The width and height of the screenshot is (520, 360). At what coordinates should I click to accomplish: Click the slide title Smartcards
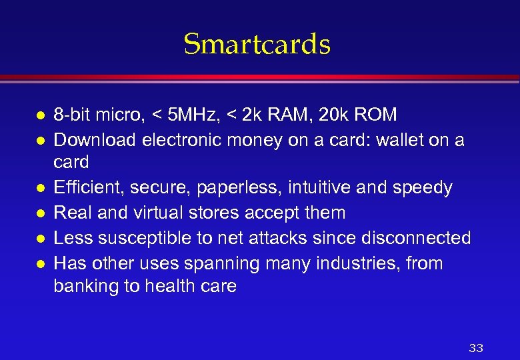[257, 45]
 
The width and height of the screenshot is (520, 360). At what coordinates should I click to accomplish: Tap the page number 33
[476, 348]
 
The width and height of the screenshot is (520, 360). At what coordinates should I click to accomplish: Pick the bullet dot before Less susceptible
[40, 239]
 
